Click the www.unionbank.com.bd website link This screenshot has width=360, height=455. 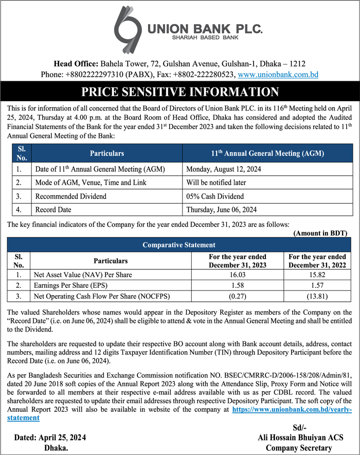coord(278,75)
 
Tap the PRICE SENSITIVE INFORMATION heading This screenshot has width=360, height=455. coord(180,93)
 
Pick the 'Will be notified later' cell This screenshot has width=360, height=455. coord(216,183)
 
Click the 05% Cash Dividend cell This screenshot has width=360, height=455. coord(215,196)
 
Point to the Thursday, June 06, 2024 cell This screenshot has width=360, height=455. coord(221,209)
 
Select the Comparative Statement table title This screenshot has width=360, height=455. coord(179,245)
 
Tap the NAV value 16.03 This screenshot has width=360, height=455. coord(237,275)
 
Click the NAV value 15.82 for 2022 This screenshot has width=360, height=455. coord(317,275)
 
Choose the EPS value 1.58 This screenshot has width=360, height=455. coord(237,285)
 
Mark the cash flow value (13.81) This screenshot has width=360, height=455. coord(317,296)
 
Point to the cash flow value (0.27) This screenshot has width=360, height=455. coord(237,296)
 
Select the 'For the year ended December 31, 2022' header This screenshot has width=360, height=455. coord(317,261)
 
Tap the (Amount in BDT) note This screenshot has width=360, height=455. coord(320,233)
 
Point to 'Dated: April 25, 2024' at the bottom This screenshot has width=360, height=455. coord(50,438)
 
